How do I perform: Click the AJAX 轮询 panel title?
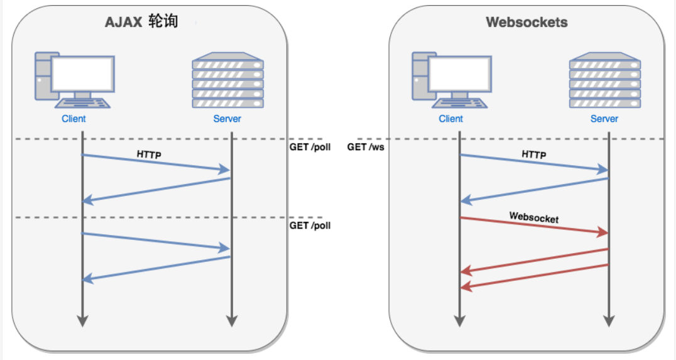click(x=141, y=22)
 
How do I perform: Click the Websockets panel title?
click(x=526, y=23)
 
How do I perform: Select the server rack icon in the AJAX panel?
click(x=227, y=81)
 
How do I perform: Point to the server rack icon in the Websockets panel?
click(x=604, y=81)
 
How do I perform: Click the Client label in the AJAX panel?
click(x=74, y=118)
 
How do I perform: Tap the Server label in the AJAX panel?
click(x=227, y=118)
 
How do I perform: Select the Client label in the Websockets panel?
click(x=450, y=118)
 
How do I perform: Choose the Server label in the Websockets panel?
click(x=604, y=118)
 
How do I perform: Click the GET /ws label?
click(x=366, y=147)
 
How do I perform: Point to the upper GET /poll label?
click(x=310, y=147)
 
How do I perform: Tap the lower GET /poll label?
click(x=310, y=225)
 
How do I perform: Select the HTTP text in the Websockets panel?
click(x=533, y=155)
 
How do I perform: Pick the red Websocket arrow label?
click(x=533, y=217)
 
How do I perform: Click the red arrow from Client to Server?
click(x=534, y=226)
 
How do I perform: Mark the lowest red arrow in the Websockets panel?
click(x=534, y=276)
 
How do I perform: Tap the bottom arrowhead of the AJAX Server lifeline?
click(x=232, y=321)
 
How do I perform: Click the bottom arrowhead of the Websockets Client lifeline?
click(x=460, y=321)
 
